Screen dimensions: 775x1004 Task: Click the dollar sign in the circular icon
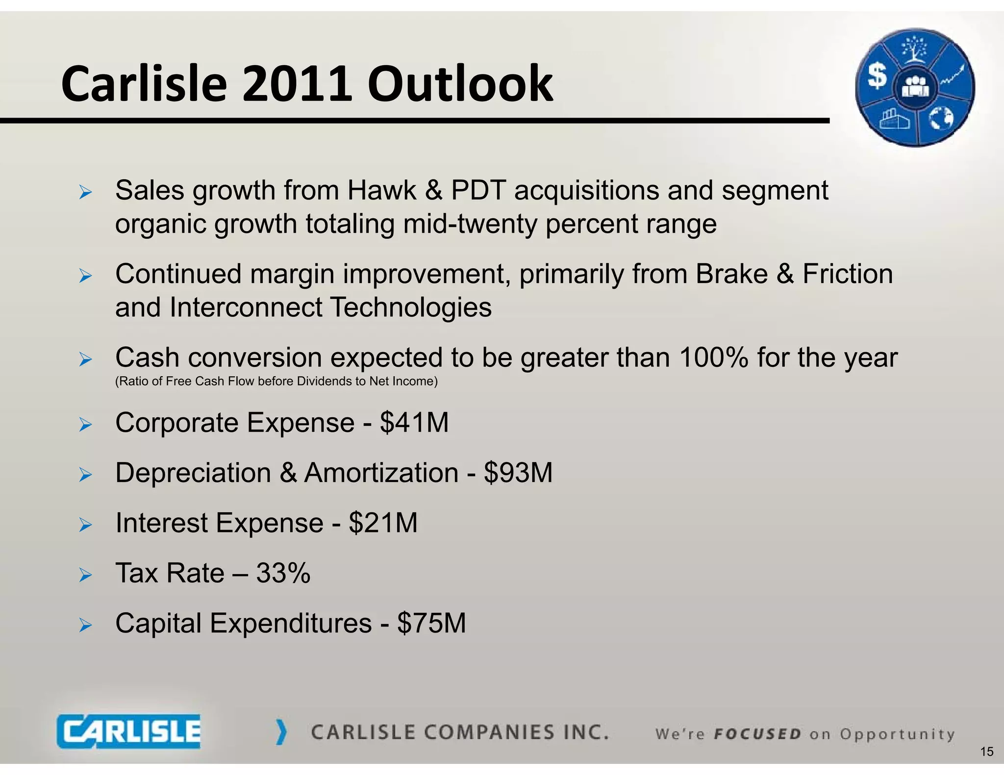(x=877, y=76)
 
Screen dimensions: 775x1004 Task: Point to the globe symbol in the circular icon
(x=941, y=118)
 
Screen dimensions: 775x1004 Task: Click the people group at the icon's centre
(x=915, y=88)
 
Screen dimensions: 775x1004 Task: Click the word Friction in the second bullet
(x=847, y=274)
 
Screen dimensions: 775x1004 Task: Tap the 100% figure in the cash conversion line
(x=713, y=358)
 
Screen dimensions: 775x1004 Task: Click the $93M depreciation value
(x=518, y=473)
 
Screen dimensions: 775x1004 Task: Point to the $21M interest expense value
(x=383, y=523)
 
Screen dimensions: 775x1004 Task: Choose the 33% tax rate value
(x=283, y=573)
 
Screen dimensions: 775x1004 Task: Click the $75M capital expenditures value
(x=431, y=623)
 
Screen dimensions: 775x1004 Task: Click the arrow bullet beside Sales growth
(x=85, y=192)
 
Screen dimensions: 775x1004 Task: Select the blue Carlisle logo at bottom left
(x=128, y=731)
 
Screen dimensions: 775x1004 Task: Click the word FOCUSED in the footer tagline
(x=757, y=734)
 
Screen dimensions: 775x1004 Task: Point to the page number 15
(x=986, y=752)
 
